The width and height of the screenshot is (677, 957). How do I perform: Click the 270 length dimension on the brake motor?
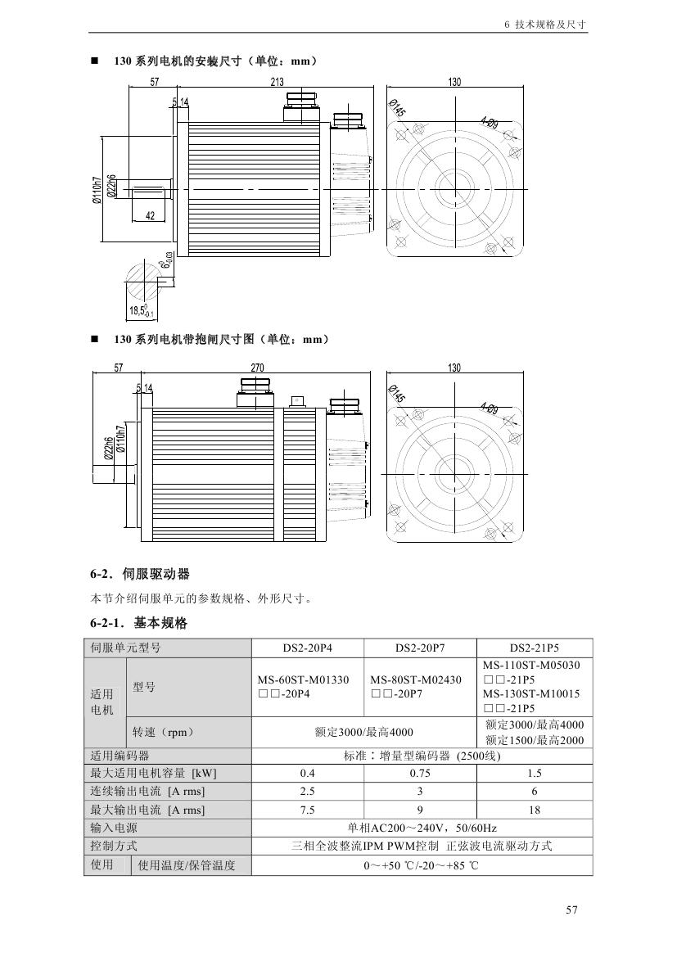(257, 368)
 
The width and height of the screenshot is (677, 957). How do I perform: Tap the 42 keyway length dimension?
(150, 215)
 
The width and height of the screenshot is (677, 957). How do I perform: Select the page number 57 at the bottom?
(572, 909)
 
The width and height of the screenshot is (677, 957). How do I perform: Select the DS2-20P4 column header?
(307, 648)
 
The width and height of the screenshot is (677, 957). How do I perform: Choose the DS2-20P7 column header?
(419, 648)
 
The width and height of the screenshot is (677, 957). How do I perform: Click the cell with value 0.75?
(419, 773)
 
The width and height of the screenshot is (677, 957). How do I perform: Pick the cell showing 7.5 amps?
(307, 810)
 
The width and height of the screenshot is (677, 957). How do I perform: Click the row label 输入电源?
(114, 828)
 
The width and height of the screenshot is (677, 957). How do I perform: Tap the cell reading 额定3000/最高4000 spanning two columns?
(363, 732)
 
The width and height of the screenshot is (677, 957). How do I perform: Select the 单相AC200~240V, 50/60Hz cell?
(422, 828)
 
